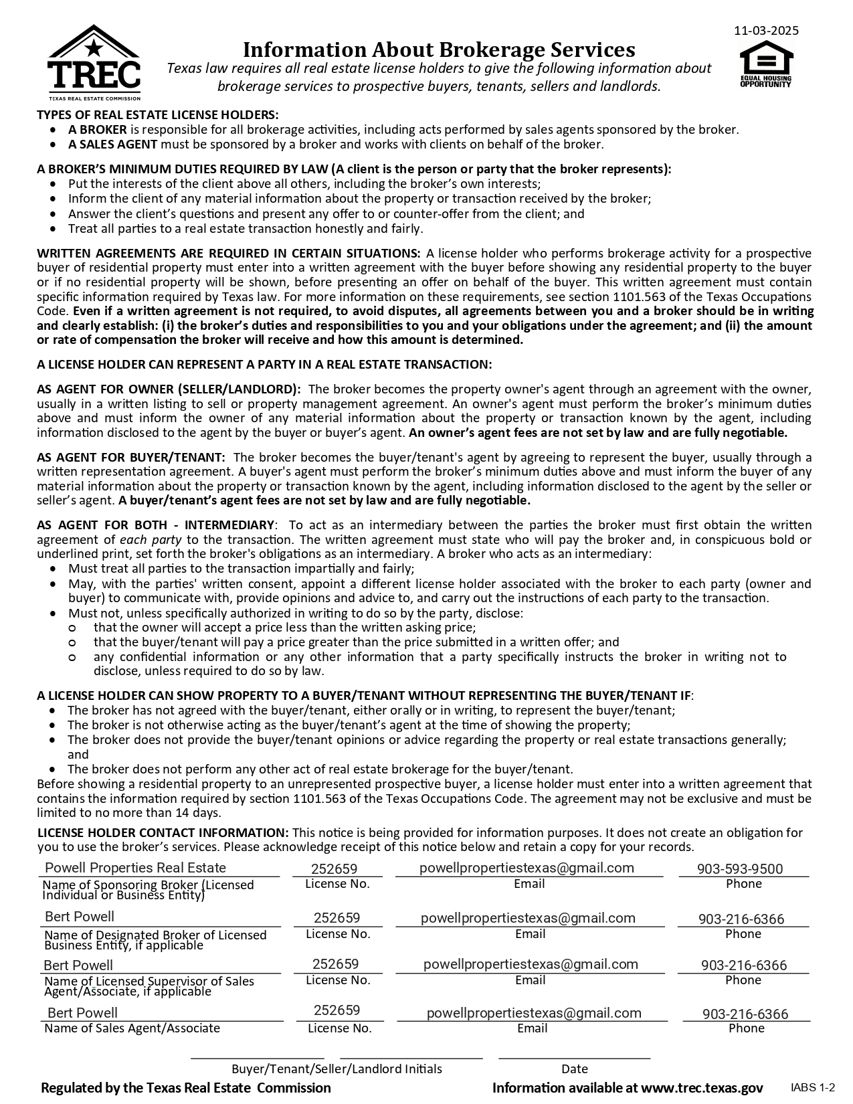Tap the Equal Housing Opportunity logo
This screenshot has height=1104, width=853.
click(x=765, y=64)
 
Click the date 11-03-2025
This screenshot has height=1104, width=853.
click(x=766, y=31)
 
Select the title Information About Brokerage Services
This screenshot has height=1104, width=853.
click(x=438, y=50)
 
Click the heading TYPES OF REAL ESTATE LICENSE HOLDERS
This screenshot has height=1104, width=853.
click(x=158, y=115)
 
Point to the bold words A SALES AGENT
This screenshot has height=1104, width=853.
click(x=112, y=144)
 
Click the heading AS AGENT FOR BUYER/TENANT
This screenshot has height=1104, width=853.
click(x=131, y=458)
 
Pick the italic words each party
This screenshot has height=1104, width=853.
click(x=151, y=540)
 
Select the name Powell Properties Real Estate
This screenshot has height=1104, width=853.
click(x=135, y=868)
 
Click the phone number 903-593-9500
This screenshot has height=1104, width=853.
click(x=740, y=869)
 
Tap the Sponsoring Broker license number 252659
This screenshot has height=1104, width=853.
click(x=335, y=869)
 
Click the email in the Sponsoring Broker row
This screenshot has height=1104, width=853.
click(x=527, y=868)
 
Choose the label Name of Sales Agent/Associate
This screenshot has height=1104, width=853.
click(x=132, y=1028)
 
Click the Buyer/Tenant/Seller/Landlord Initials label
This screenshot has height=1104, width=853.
click(x=337, y=1069)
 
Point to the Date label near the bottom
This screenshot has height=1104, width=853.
click(x=575, y=1069)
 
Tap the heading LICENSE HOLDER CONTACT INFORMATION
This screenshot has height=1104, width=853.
click(x=163, y=833)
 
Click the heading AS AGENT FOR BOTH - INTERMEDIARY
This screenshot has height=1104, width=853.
click(x=156, y=525)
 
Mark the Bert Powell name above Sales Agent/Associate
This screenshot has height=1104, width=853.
click(x=82, y=1013)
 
